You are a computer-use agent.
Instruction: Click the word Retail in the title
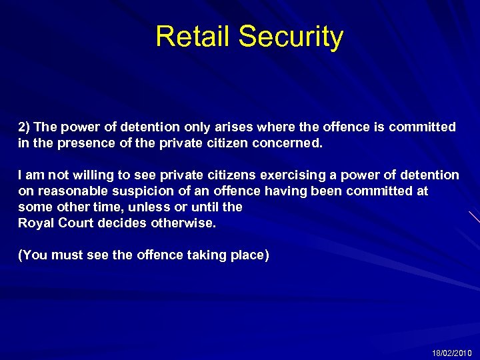click(193, 37)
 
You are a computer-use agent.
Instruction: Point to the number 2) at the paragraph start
click(24, 127)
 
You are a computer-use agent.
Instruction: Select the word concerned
click(289, 143)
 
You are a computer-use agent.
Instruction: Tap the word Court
click(77, 223)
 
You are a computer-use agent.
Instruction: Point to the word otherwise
click(185, 223)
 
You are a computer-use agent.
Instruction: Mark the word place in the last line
click(247, 255)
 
